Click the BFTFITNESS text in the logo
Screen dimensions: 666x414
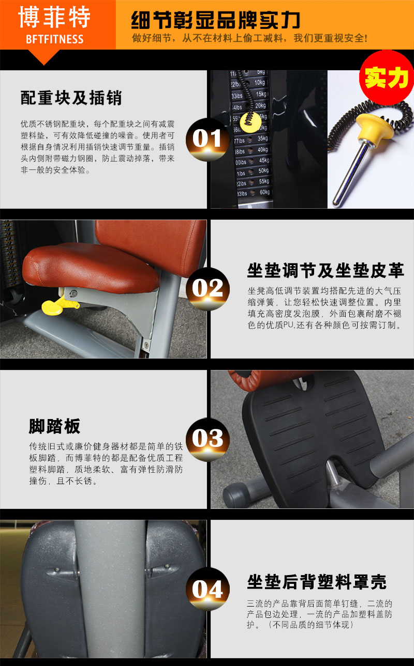click(54, 39)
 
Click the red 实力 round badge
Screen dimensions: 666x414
click(386, 78)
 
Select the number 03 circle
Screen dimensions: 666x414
click(207, 439)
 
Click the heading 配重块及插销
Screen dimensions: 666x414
click(71, 97)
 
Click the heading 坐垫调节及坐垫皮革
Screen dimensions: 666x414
click(326, 270)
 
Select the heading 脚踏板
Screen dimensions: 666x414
click(54, 426)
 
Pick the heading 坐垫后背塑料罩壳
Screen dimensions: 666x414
click(316, 582)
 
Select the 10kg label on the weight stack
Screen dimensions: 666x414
click(259, 82)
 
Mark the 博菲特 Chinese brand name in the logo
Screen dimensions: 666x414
click(54, 18)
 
